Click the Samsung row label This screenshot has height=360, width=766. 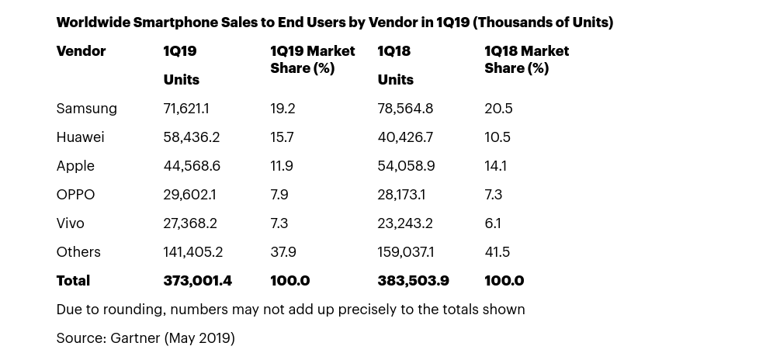(x=86, y=109)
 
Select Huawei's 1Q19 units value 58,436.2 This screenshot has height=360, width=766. (x=191, y=137)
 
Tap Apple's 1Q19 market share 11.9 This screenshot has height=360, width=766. (x=282, y=166)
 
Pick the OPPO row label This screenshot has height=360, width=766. (x=75, y=195)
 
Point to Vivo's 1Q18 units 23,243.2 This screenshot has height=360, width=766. (x=405, y=223)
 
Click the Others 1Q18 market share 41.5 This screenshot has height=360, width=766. (x=498, y=252)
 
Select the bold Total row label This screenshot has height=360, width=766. (x=73, y=281)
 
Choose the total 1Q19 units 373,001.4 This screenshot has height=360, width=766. (x=197, y=281)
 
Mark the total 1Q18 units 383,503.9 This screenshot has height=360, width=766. (x=413, y=281)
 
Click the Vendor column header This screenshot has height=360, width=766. (x=81, y=51)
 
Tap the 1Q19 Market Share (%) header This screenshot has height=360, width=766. (x=312, y=60)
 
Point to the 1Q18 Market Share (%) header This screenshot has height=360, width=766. (x=526, y=60)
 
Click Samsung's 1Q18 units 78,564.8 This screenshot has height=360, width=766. (x=405, y=109)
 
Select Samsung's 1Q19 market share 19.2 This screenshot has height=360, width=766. (x=282, y=109)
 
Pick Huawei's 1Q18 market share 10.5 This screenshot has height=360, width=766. (x=497, y=137)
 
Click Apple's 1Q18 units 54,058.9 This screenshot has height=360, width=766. (x=406, y=166)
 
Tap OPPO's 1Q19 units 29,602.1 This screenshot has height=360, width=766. (x=189, y=195)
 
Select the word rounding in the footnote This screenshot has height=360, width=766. (x=133, y=310)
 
